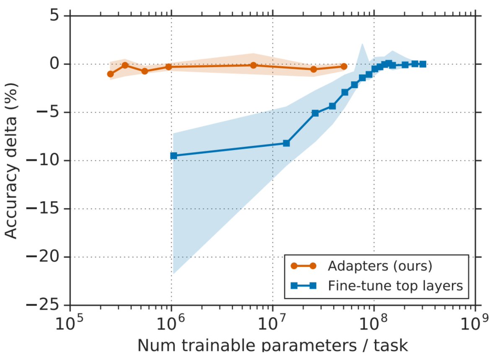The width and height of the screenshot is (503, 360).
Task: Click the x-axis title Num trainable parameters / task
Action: pos(272,347)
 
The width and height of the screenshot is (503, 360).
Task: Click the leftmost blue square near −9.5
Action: pos(174,155)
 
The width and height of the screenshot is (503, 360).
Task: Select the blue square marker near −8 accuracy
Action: pos(286,143)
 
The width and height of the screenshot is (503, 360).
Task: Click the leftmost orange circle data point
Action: pos(110,74)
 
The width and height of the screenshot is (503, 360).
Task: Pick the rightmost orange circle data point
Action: pos(344,66)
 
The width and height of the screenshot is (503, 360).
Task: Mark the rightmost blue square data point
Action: pos(423,64)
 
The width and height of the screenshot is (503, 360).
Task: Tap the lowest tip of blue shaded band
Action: pos(173,274)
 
